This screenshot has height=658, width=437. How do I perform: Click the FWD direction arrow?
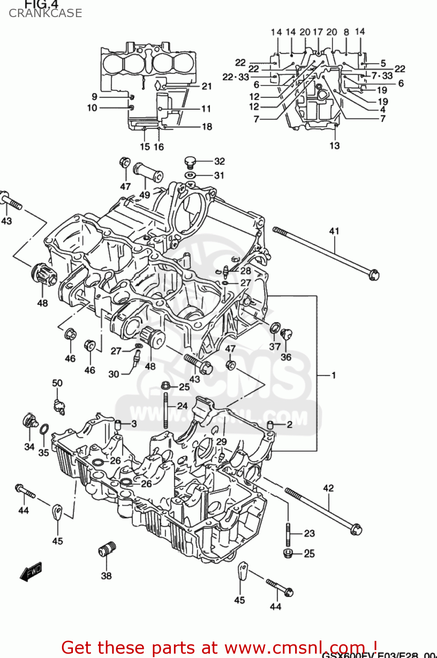click(x=31, y=572)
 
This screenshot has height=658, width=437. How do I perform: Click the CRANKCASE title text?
click(x=45, y=13)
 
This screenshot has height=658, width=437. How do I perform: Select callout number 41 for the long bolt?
click(x=334, y=231)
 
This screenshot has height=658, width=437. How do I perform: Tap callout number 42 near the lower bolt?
click(x=328, y=488)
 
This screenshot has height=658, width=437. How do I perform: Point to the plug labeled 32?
click(x=191, y=162)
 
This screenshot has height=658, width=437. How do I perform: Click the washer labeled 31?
click(x=191, y=175)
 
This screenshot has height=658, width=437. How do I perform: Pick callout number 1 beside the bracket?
click(x=333, y=375)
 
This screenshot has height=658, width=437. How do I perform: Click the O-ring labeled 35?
click(x=44, y=429)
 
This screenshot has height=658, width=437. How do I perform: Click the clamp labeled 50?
click(x=58, y=406)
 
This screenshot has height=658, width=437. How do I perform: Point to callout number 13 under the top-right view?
click(x=334, y=146)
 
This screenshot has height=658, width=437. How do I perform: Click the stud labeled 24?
click(x=166, y=410)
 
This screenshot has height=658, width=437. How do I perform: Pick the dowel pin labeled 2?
click(x=271, y=425)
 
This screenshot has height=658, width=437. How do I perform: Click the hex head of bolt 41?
click(x=373, y=275)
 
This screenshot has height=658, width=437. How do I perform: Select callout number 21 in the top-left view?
click(x=206, y=86)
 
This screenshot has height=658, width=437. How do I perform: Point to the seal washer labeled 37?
click(x=275, y=328)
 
